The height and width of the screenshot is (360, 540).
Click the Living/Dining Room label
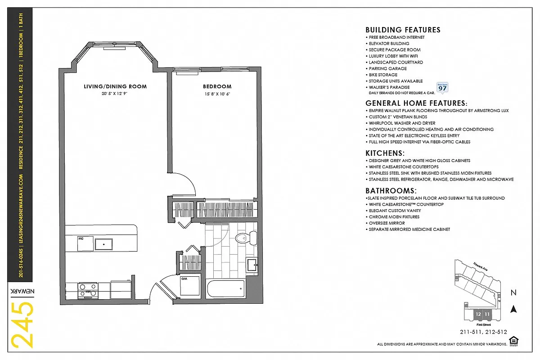(x=115, y=86)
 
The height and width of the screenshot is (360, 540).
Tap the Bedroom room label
(x=217, y=86)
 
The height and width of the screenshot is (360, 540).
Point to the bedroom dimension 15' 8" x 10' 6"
(x=217, y=94)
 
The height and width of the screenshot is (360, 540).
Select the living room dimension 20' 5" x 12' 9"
(x=115, y=94)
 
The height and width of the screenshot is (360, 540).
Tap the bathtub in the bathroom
(x=226, y=288)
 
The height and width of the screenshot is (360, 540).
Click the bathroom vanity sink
(x=252, y=265)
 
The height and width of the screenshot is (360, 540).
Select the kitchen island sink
(x=104, y=244)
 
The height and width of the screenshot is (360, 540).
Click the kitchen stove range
(x=88, y=290)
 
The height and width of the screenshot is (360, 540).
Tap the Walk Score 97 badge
(x=442, y=87)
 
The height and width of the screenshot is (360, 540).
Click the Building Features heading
(x=403, y=30)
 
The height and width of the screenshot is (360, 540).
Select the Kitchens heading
(x=385, y=153)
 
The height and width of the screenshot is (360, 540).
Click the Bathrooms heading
(x=391, y=191)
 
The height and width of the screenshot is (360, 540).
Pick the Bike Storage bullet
(x=383, y=75)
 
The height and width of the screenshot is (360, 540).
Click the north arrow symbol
(x=513, y=309)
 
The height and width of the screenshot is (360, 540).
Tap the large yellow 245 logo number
(x=22, y=325)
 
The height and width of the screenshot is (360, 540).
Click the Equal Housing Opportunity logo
(x=512, y=341)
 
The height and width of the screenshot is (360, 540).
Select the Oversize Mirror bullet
(x=387, y=223)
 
